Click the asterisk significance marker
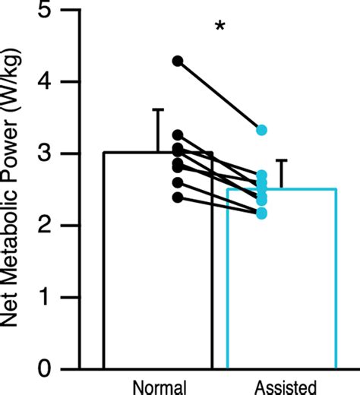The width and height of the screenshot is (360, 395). click(x=220, y=27)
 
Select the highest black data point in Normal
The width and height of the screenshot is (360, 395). click(x=178, y=61)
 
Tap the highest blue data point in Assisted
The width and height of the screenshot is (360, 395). click(x=261, y=130)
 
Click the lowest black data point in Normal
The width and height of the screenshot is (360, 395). click(x=178, y=197)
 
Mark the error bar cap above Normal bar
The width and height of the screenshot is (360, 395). click(x=158, y=110)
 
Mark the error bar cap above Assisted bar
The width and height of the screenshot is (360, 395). click(x=282, y=160)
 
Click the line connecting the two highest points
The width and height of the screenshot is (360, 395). click(x=219, y=96)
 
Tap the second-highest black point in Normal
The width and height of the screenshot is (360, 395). click(x=178, y=134)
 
